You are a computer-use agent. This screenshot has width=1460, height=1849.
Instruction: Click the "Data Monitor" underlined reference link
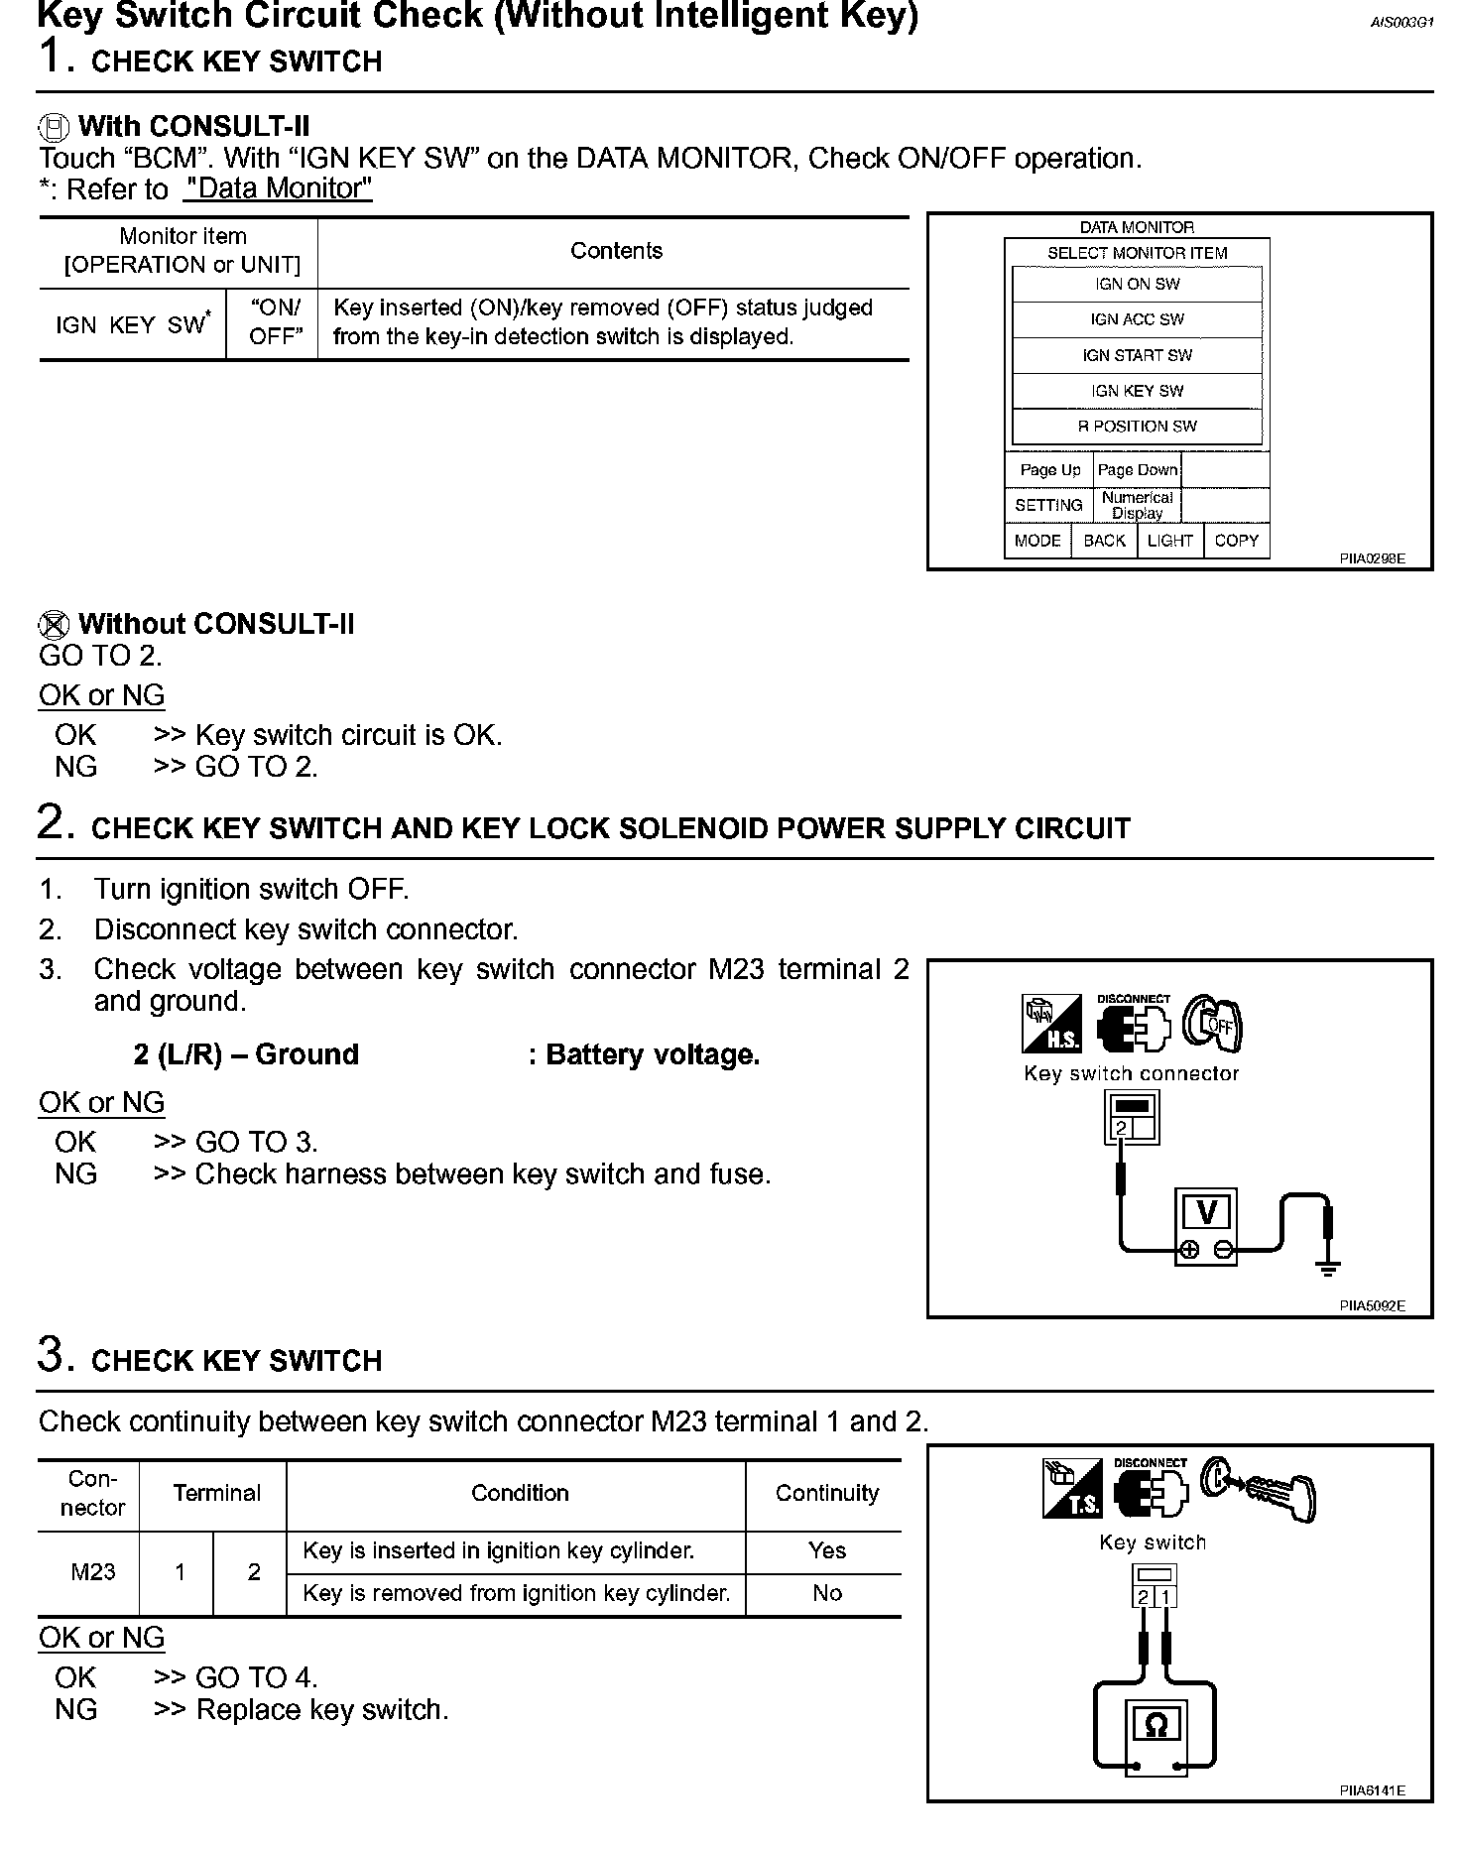click(278, 188)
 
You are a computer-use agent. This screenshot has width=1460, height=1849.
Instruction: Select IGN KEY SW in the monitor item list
click(1137, 391)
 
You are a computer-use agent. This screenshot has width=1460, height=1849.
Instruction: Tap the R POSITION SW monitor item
click(1137, 427)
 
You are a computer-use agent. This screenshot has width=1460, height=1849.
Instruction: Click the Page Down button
click(1137, 470)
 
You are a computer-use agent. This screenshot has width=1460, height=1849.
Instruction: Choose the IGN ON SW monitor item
click(1137, 284)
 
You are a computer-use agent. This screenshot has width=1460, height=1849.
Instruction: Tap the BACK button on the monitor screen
click(1104, 541)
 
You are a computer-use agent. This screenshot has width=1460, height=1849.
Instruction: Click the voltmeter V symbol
click(1206, 1212)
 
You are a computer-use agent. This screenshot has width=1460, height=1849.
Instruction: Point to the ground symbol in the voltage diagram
click(1328, 1266)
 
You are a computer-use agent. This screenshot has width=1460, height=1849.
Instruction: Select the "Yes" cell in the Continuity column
click(826, 1550)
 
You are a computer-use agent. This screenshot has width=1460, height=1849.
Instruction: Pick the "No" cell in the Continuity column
click(826, 1593)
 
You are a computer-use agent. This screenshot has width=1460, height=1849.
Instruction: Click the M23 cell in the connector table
click(92, 1572)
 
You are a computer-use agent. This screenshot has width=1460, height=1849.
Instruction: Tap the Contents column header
click(616, 251)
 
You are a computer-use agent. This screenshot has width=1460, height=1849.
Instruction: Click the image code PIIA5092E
click(1372, 1305)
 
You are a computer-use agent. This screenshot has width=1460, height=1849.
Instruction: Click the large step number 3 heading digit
click(52, 1355)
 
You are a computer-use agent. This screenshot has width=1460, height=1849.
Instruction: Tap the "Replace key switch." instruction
click(321, 1710)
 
